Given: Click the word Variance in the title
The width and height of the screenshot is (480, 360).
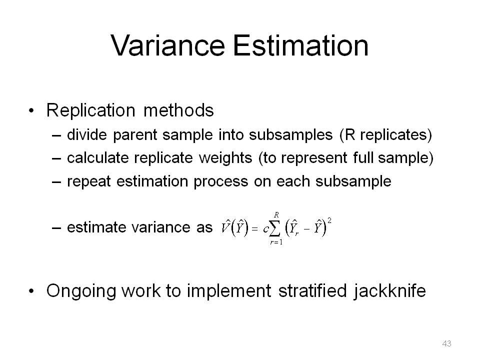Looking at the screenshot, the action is click(x=168, y=45).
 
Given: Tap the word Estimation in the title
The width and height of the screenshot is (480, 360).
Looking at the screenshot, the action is click(x=300, y=45).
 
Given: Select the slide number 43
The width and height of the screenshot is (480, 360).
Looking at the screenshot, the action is click(x=446, y=343).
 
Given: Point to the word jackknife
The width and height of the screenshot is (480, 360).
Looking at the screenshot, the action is click(x=389, y=290).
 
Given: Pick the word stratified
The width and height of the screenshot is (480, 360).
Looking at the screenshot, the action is click(x=312, y=290).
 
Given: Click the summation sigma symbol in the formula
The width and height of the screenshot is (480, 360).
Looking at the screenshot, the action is click(x=275, y=228).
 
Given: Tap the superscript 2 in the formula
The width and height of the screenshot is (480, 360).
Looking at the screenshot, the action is click(x=329, y=220).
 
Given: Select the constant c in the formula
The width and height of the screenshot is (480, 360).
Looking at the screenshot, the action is click(x=265, y=229).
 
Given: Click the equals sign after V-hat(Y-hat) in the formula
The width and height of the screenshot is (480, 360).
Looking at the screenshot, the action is click(x=254, y=228).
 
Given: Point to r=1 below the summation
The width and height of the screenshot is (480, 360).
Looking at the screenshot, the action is click(x=276, y=242).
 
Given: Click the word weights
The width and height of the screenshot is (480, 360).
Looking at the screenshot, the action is click(x=225, y=158).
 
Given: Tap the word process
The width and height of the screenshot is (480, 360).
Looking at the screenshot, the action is click(x=220, y=182).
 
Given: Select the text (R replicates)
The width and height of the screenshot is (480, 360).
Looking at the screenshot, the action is click(x=385, y=135).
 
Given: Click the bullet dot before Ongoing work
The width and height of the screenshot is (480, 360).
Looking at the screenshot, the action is click(x=31, y=291).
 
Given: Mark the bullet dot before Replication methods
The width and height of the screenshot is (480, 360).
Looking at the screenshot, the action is click(x=31, y=111).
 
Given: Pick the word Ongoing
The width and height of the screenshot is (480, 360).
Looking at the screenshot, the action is click(x=81, y=291).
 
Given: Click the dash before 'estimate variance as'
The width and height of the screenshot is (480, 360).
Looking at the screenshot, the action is click(x=56, y=228).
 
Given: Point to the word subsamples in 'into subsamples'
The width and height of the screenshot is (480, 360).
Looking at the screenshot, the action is click(x=291, y=135).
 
